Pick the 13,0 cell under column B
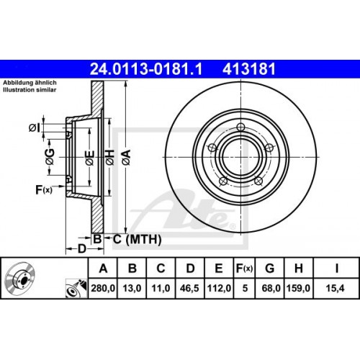(133, 294)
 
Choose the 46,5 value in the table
(189, 294)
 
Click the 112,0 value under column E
(218, 294)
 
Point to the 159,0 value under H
(298, 294)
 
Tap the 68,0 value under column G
(270, 294)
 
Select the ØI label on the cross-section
(34, 128)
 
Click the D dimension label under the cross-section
(82, 248)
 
